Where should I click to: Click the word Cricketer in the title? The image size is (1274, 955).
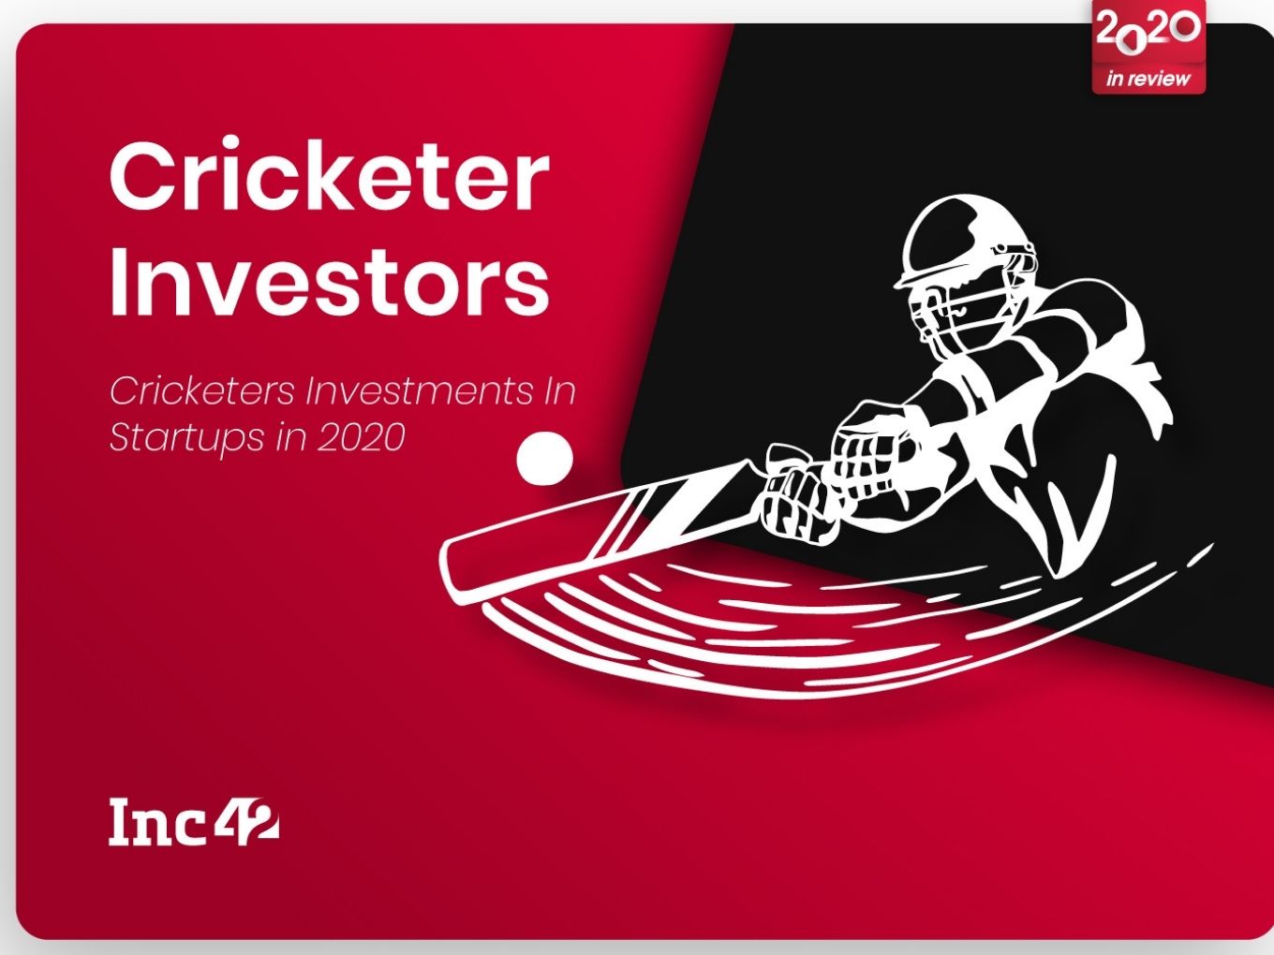[329, 174]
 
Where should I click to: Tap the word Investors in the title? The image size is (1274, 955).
[329, 280]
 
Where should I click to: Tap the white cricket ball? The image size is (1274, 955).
[544, 459]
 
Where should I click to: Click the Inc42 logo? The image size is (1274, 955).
[194, 822]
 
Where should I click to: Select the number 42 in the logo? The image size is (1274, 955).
[247, 819]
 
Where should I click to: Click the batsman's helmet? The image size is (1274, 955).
[957, 243]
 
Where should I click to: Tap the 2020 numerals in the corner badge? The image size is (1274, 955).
[1148, 29]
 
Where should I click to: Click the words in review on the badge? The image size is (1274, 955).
[1148, 78]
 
